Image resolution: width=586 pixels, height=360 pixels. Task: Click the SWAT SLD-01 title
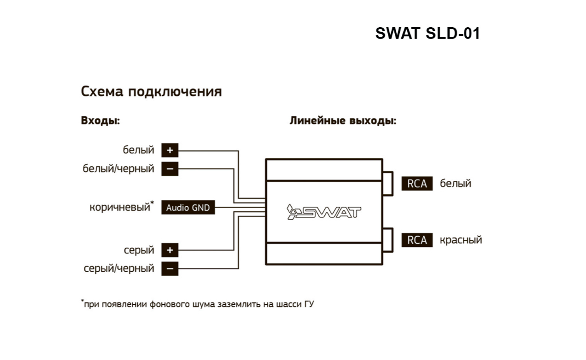pyautogui.click(x=428, y=34)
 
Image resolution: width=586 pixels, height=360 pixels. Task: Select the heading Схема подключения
pyautogui.click(x=151, y=92)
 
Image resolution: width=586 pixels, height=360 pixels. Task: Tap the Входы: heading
pyautogui.click(x=100, y=121)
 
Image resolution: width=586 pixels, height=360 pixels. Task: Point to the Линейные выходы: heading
pyautogui.click(x=343, y=121)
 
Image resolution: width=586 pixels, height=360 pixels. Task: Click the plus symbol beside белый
pyautogui.click(x=170, y=151)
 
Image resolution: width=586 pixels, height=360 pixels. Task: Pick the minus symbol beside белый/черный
pyautogui.click(x=170, y=169)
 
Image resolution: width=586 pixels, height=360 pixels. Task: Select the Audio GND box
pyautogui.click(x=188, y=208)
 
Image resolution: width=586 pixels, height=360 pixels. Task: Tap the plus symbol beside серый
pyautogui.click(x=170, y=250)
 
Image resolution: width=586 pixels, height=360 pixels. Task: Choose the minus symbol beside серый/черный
pyautogui.click(x=170, y=269)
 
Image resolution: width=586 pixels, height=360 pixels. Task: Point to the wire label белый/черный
pyautogui.click(x=118, y=169)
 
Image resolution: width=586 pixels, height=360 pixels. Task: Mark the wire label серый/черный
pyautogui.click(x=119, y=269)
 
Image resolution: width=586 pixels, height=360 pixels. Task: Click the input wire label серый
pyautogui.click(x=139, y=250)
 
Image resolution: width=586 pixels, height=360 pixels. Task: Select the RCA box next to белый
pyautogui.click(x=417, y=184)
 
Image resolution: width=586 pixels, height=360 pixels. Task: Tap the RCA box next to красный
pyautogui.click(x=417, y=240)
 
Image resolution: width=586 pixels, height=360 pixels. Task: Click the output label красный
pyautogui.click(x=461, y=240)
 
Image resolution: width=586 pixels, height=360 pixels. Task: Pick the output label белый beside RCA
pyautogui.click(x=455, y=184)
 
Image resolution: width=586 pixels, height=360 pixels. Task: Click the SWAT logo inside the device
pyautogui.click(x=324, y=212)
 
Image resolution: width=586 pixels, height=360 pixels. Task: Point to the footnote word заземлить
pyautogui.click(x=240, y=305)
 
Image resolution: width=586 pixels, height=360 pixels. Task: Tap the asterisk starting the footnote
pyautogui.click(x=82, y=302)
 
